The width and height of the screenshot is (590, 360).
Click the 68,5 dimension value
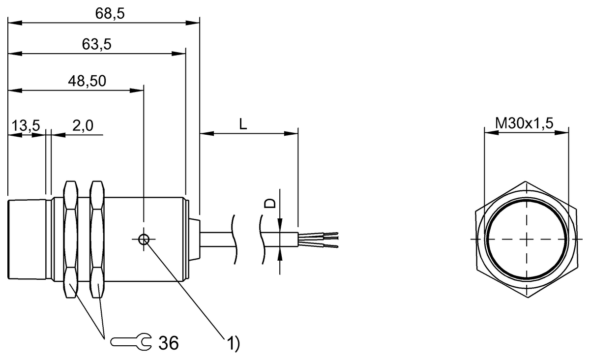click(x=110, y=13)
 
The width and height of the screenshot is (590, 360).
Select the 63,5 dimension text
click(x=97, y=44)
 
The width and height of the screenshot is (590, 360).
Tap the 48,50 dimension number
click(x=87, y=81)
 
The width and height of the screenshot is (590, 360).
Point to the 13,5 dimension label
click(x=26, y=125)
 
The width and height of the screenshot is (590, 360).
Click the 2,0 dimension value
click(x=83, y=125)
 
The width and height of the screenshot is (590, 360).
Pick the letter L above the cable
click(x=243, y=124)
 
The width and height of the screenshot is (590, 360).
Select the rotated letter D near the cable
click(x=270, y=204)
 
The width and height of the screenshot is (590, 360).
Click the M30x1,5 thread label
click(x=524, y=123)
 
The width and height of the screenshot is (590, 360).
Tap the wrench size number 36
click(x=169, y=343)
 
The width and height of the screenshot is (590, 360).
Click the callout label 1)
click(x=234, y=343)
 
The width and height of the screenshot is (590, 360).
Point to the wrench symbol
click(x=131, y=342)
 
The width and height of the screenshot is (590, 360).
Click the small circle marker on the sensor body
click(x=144, y=240)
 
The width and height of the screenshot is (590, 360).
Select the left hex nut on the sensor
click(x=71, y=240)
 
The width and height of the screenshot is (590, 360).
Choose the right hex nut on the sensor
click(x=97, y=240)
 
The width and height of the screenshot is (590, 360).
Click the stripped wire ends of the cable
click(x=318, y=240)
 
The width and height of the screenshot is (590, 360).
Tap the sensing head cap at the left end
click(x=27, y=240)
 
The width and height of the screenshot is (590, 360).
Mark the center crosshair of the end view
click(x=527, y=240)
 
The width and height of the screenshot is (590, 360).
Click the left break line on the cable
click(x=234, y=240)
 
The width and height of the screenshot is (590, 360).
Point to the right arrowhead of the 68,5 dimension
click(x=193, y=23)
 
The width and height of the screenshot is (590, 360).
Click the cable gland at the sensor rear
click(x=195, y=240)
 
